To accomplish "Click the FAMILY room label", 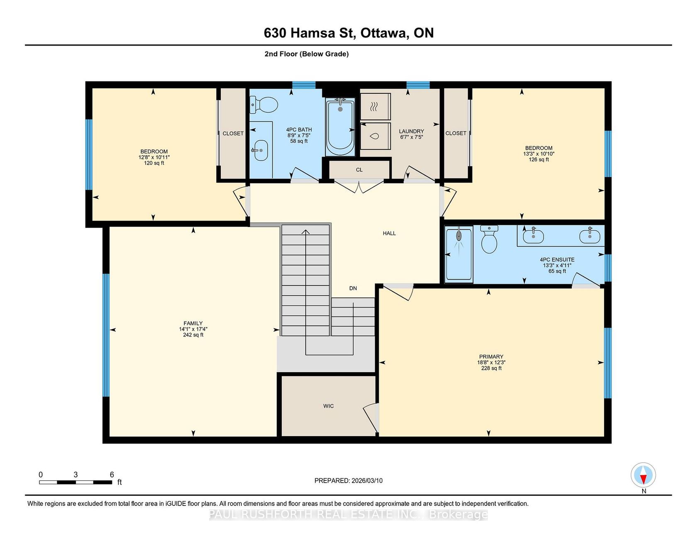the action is tap(193, 323).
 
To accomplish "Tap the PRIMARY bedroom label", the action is tap(491, 356).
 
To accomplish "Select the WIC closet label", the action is tap(329, 406).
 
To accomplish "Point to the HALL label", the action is tap(389, 233).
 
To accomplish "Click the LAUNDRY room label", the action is tap(412, 131).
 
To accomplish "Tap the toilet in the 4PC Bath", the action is tap(264, 105).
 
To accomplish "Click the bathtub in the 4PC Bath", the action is tap(340, 127).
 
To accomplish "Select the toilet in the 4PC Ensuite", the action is tap(489, 239).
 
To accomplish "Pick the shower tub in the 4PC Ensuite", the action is tap(459, 254).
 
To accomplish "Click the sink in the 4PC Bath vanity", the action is tap(260, 150).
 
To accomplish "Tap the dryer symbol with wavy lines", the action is tap(375, 107).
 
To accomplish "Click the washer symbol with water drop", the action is tap(375, 136).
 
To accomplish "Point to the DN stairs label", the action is tap(353, 288).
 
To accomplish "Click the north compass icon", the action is tap(643, 475).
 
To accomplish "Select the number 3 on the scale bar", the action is tap(76, 475).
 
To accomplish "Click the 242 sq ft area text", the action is tap(193, 335).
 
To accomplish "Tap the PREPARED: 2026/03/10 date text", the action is tap(348, 480).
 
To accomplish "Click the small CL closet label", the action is tap(359, 170).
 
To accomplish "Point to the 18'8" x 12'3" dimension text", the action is tap(491, 362).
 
